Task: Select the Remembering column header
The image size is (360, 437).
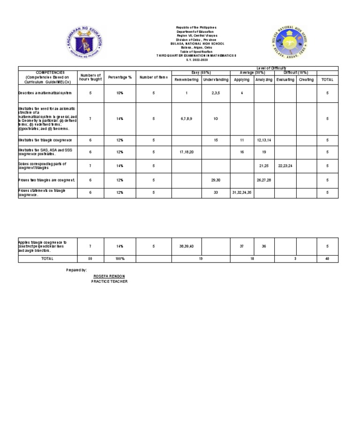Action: pyautogui.click(x=187, y=80)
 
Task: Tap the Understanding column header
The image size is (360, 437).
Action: pyautogui.click(x=216, y=80)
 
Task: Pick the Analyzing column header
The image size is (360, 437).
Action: pyautogui.click(x=264, y=80)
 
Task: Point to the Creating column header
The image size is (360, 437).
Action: pyautogui.click(x=306, y=80)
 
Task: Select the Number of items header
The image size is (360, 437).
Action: pyautogui.click(x=153, y=77)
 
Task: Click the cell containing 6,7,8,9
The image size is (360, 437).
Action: pyautogui.click(x=187, y=119)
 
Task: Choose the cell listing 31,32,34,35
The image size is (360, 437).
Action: pyautogui.click(x=242, y=193)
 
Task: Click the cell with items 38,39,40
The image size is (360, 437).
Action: pyautogui.click(x=187, y=246)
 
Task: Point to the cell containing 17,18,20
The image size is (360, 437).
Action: pyautogui.click(x=187, y=152)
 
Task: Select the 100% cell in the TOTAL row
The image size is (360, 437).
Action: pyautogui.click(x=120, y=259)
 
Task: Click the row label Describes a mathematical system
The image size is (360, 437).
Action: pyautogui.click(x=45, y=93)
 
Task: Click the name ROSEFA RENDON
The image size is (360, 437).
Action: pyautogui.click(x=109, y=276)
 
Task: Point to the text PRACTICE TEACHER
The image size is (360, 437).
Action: pyautogui.click(x=109, y=281)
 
